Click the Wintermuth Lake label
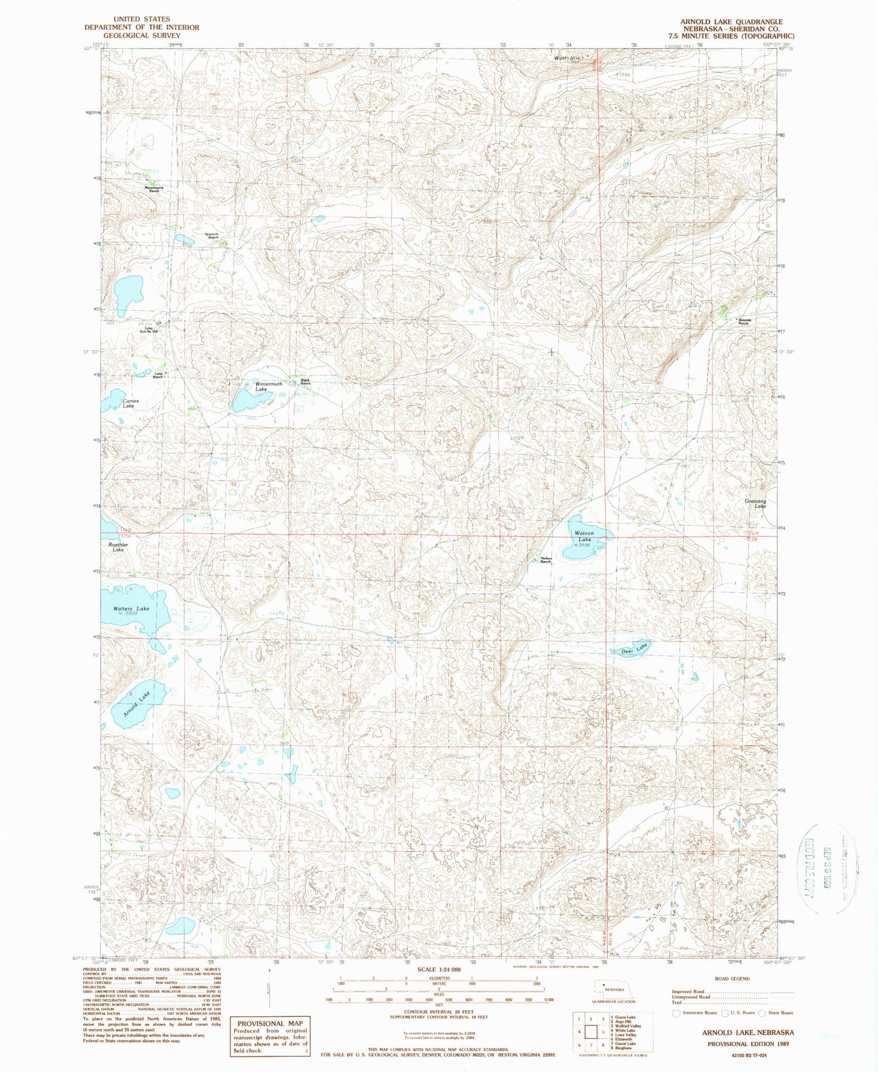click(x=269, y=386)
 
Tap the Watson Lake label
click(x=584, y=536)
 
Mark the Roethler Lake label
click(x=118, y=547)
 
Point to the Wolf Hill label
click(x=567, y=59)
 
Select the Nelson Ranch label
click(x=546, y=560)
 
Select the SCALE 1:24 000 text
click(x=439, y=970)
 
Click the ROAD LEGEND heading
click(x=732, y=978)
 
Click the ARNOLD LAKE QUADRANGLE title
click(x=731, y=22)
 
